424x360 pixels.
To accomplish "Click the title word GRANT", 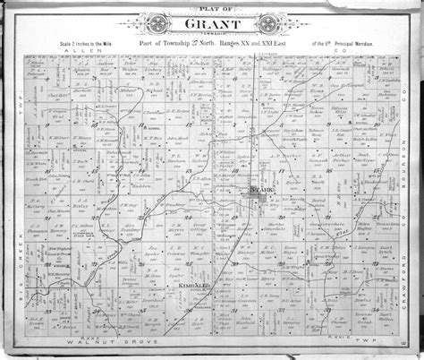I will (x=211, y=25).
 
